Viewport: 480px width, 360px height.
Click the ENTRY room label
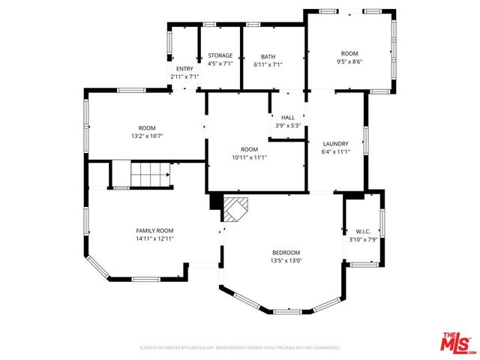[x=184, y=69]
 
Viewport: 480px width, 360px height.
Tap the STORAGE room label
[x=220, y=56]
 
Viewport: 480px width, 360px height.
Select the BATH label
[x=268, y=56]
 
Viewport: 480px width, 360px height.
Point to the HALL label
[x=288, y=118]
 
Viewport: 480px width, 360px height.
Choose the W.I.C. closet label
[x=364, y=231]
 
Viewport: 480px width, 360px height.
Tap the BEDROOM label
[x=286, y=253]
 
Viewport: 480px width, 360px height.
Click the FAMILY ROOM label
[x=154, y=230]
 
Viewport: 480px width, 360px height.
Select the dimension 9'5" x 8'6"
[x=349, y=62]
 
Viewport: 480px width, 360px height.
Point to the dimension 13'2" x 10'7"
[x=147, y=136]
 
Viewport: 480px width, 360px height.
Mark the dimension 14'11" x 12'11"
[x=154, y=238]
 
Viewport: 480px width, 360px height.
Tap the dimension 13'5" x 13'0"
[x=286, y=261]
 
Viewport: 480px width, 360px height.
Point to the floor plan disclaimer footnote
[x=240, y=348]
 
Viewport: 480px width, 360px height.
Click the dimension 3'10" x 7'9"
[x=364, y=239]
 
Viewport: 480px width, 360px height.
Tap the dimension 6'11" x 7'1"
[x=268, y=64]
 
